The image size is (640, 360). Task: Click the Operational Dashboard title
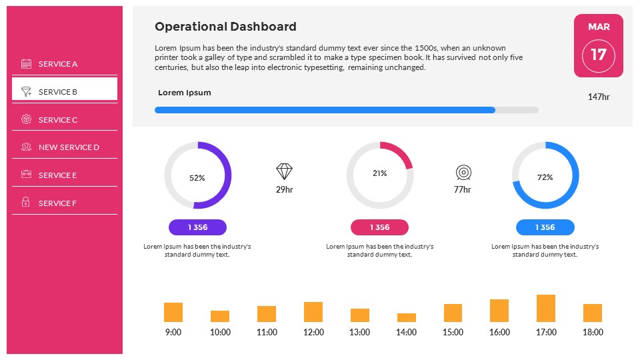pyautogui.click(x=225, y=27)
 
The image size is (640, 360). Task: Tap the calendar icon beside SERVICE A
pyautogui.click(x=27, y=64)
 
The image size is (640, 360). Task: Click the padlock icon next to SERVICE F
pyautogui.click(x=26, y=203)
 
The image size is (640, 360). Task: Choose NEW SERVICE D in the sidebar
pyautogui.click(x=69, y=147)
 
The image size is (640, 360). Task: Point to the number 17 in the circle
pyautogui.click(x=599, y=55)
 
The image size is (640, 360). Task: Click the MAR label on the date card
pyautogui.click(x=599, y=27)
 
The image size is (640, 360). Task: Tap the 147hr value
pyautogui.click(x=599, y=97)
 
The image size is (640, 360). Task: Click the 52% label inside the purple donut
pyautogui.click(x=197, y=178)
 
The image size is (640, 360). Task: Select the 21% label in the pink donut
pyautogui.click(x=380, y=173)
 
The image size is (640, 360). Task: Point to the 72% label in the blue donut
pyautogui.click(x=545, y=177)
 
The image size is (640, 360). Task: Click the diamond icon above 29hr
pyautogui.click(x=285, y=172)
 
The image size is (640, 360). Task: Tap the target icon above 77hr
pyautogui.click(x=463, y=173)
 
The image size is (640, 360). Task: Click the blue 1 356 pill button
pyautogui.click(x=545, y=227)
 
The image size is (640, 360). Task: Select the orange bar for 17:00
pyautogui.click(x=546, y=309)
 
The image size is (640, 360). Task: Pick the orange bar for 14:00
pyautogui.click(x=407, y=317)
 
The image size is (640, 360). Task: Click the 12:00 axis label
pyautogui.click(x=313, y=332)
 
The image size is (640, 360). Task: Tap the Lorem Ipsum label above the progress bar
pyautogui.click(x=185, y=93)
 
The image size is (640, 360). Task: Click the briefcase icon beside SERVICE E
pyautogui.click(x=27, y=175)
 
